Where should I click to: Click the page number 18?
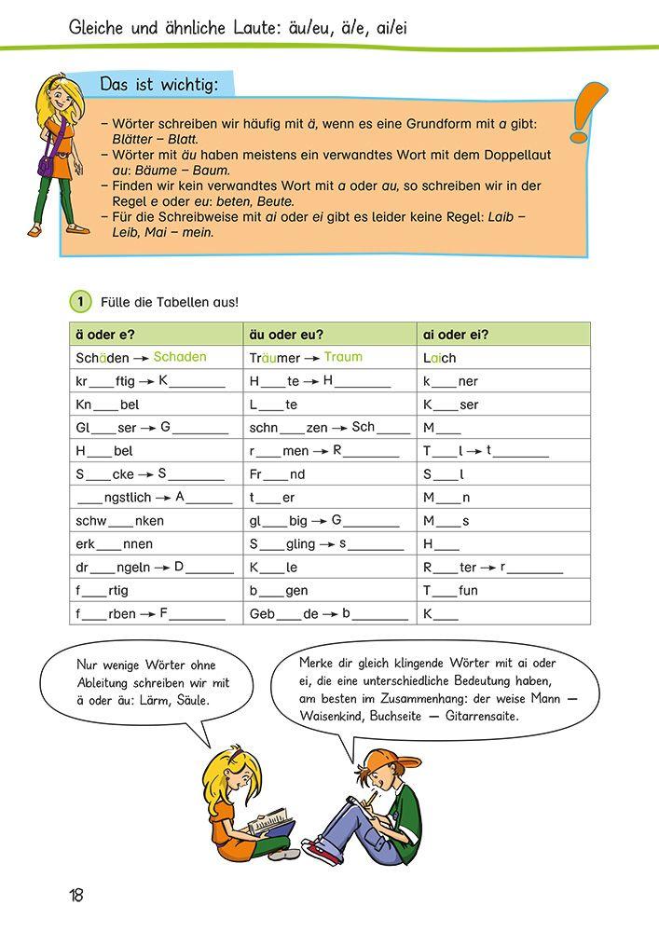pyautogui.click(x=76, y=896)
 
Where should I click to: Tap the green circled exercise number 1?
pyautogui.click(x=81, y=301)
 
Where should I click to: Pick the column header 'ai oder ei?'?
pyautogui.click(x=456, y=335)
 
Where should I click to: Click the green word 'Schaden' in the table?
pyautogui.click(x=180, y=357)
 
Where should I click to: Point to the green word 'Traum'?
pyautogui.click(x=343, y=357)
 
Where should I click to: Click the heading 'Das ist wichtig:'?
pyautogui.click(x=159, y=86)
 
